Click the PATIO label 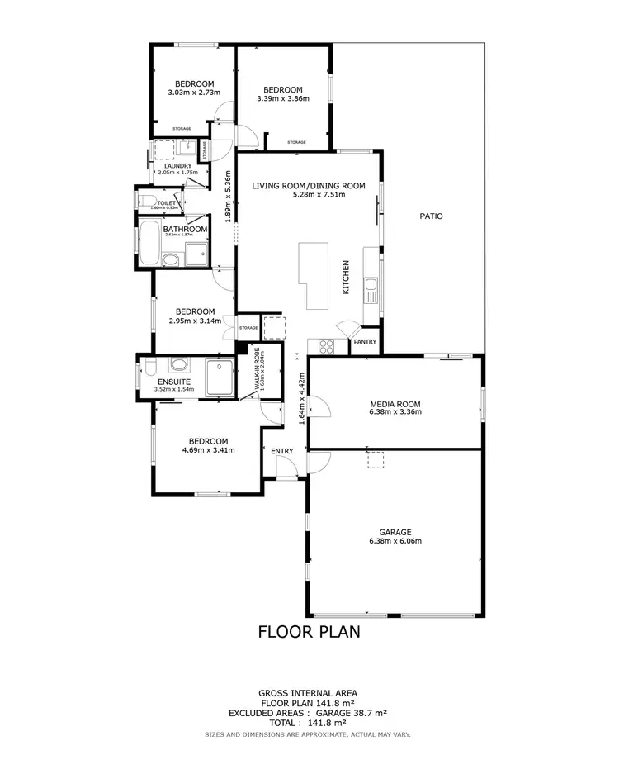click(x=431, y=216)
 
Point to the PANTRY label click(x=365, y=341)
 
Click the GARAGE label click(x=395, y=532)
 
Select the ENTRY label click(x=282, y=450)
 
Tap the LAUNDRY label click(x=177, y=165)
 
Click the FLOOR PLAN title click(x=309, y=633)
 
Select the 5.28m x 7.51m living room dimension click(x=309, y=195)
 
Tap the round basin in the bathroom click(x=169, y=260)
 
